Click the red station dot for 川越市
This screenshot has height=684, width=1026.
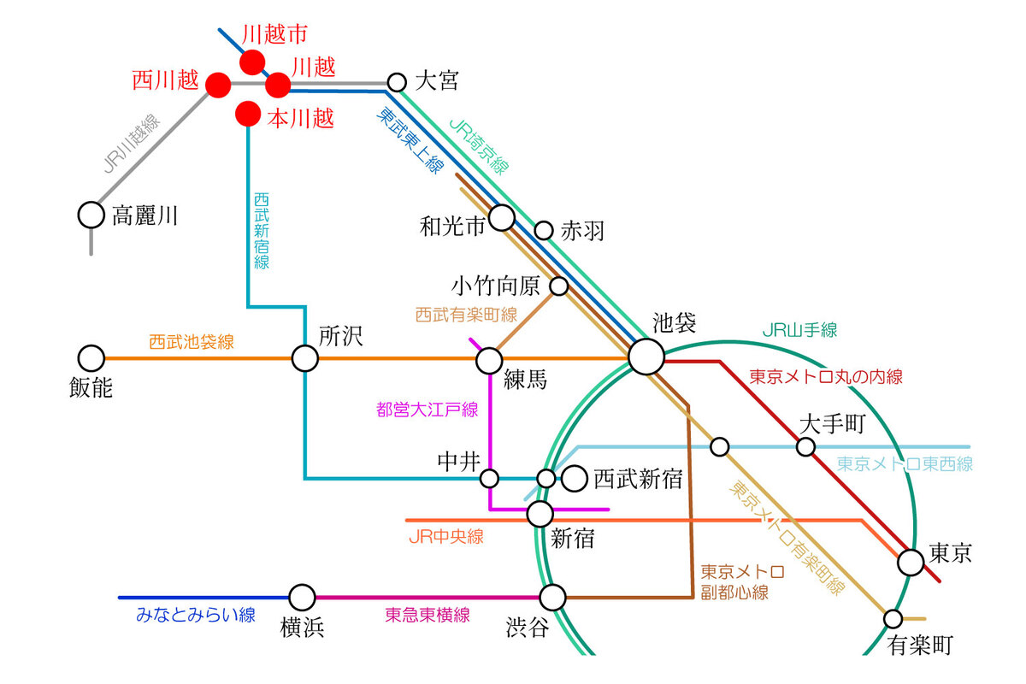252,62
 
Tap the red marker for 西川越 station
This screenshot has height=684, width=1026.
218,85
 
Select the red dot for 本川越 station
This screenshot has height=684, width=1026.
248,113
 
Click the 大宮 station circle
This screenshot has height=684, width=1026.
397,82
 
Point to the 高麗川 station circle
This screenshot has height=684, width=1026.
91,215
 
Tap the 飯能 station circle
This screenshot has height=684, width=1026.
91,358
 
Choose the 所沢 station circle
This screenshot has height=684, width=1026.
305,358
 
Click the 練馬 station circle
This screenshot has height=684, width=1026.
489,360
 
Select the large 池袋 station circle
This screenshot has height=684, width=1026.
646,357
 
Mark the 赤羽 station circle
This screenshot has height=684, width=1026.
544,230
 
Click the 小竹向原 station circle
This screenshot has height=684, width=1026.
559,286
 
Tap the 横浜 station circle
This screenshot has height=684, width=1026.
302,598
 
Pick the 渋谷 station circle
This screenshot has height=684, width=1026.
553,597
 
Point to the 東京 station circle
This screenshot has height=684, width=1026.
911,562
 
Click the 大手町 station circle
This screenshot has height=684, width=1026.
805,446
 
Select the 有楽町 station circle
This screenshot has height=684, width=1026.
893,618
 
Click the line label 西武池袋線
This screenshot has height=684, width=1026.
192,342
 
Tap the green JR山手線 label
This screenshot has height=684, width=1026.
799,329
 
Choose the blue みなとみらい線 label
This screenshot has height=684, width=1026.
196,615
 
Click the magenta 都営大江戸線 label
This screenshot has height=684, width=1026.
427,410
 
